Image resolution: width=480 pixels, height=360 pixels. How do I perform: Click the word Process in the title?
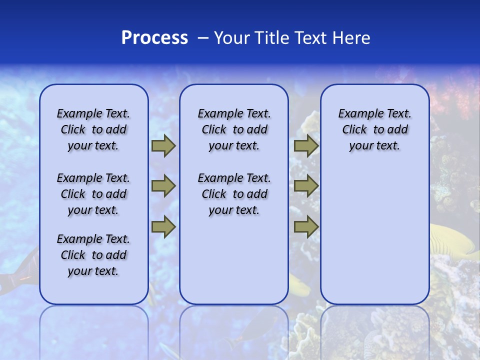pos(154,38)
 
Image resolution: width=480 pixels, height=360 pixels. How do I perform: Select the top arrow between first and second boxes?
pos(163,146)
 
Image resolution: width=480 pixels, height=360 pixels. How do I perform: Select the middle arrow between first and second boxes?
pos(163,186)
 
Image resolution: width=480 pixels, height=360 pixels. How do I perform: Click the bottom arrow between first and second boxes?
pos(163,227)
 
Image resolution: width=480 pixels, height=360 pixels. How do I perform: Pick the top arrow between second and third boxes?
pos(306,146)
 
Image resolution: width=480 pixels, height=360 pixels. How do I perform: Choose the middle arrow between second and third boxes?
pos(306,186)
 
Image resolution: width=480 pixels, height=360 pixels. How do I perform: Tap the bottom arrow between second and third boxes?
pos(306,227)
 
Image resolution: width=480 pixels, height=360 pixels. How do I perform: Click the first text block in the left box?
pos(93,129)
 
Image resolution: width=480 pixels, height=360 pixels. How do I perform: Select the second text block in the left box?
pos(93,194)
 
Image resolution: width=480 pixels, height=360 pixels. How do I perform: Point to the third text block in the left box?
pos(93,255)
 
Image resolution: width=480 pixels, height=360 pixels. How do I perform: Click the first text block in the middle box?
pos(234,129)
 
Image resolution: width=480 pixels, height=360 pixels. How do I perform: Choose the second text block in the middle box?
pos(234,194)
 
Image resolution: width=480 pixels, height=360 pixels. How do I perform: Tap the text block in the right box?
pos(374,129)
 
